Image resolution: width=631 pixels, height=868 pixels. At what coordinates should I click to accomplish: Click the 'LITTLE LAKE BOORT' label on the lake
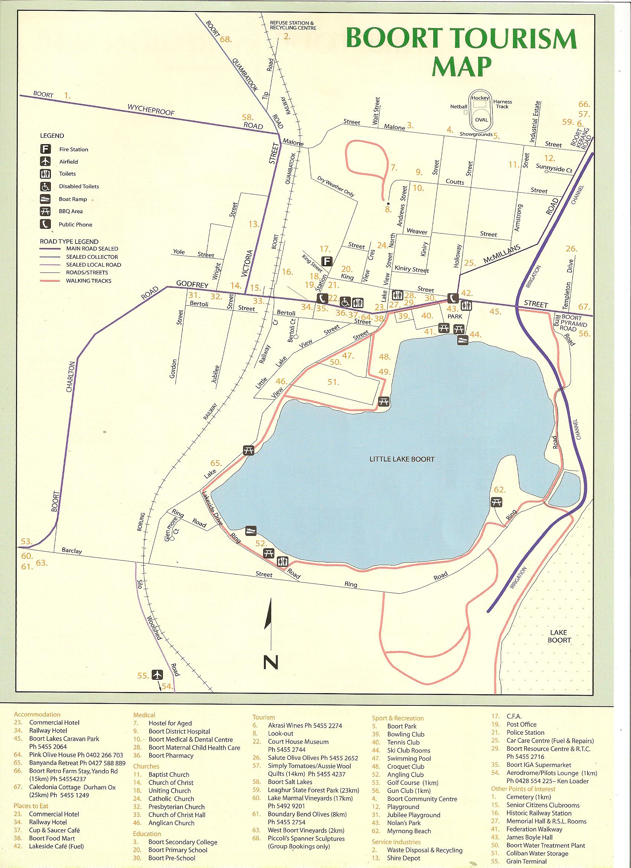402,459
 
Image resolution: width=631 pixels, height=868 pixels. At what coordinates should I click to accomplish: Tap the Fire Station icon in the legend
45,149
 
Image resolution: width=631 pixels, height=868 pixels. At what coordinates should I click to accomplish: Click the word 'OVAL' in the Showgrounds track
481,120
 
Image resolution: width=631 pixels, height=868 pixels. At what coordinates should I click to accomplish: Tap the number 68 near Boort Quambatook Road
226,39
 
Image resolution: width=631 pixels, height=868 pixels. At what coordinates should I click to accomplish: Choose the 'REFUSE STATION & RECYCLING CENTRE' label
293,25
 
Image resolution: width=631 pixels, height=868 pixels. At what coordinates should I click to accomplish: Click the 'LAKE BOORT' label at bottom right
559,636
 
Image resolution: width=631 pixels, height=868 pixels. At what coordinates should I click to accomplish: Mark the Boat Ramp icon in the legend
45,199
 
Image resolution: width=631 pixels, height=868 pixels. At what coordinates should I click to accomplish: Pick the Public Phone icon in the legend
45,224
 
